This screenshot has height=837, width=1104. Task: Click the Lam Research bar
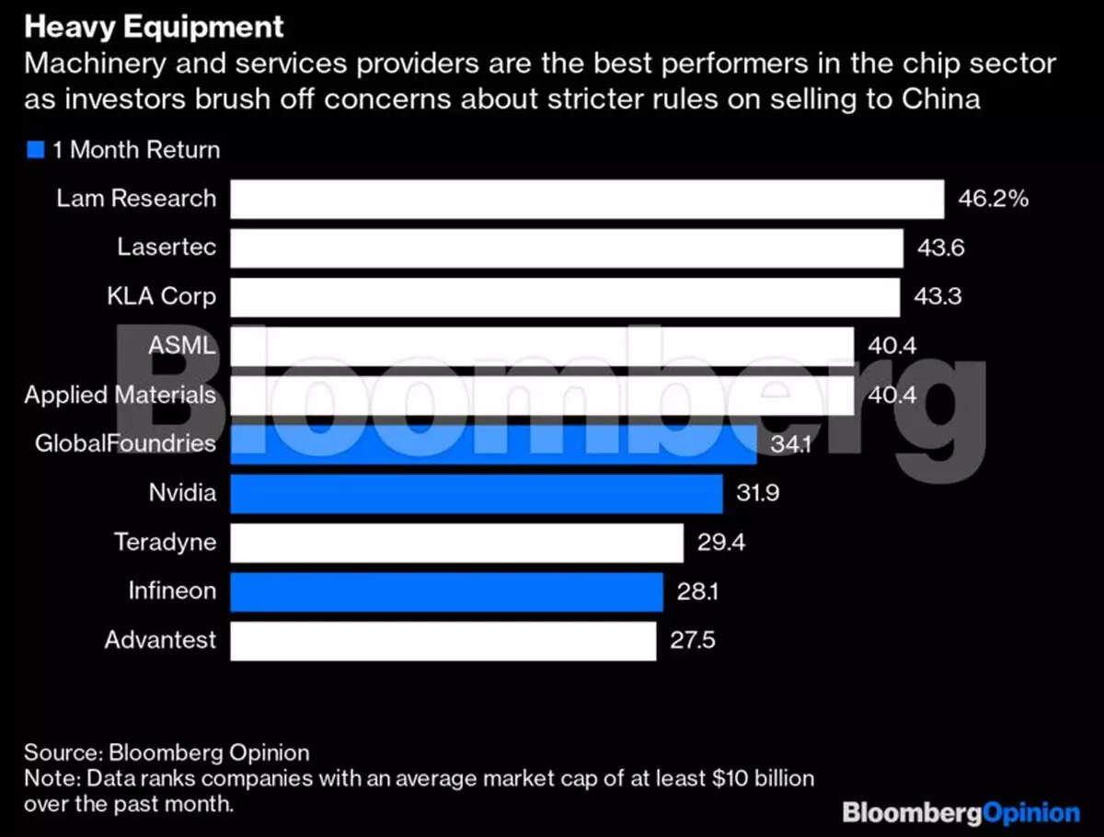587,199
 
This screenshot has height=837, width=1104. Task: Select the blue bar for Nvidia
476,493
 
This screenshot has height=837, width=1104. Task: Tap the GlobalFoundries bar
493,444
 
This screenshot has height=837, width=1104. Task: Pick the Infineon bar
446,591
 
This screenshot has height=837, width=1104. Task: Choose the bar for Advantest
443,640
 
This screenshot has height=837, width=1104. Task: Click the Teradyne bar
456,543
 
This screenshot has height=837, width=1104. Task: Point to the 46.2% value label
993,199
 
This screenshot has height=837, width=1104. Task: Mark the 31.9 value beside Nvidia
758,493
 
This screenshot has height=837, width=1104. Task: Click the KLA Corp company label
161,297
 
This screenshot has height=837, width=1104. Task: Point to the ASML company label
182,346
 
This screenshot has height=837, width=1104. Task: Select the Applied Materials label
121,396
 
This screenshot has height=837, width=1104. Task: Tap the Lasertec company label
167,248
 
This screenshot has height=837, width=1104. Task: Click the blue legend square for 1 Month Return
36,150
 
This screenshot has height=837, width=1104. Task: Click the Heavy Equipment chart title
154,27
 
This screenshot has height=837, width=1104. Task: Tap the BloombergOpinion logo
961,813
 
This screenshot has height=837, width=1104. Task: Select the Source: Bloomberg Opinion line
167,752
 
